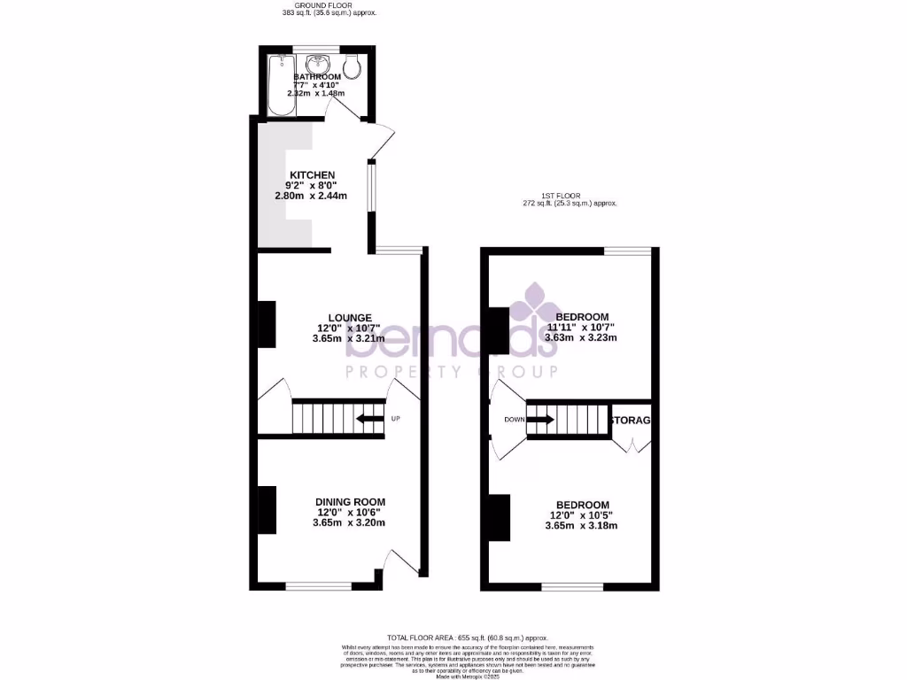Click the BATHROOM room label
316,77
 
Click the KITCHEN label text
312,175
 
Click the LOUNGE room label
350,318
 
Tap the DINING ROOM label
350,502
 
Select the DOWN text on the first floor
515,420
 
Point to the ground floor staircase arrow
370,419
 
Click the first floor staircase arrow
540,420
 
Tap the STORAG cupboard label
631,420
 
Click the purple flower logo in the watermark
534,304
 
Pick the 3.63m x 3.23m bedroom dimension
581,337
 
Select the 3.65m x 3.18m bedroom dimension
581,525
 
